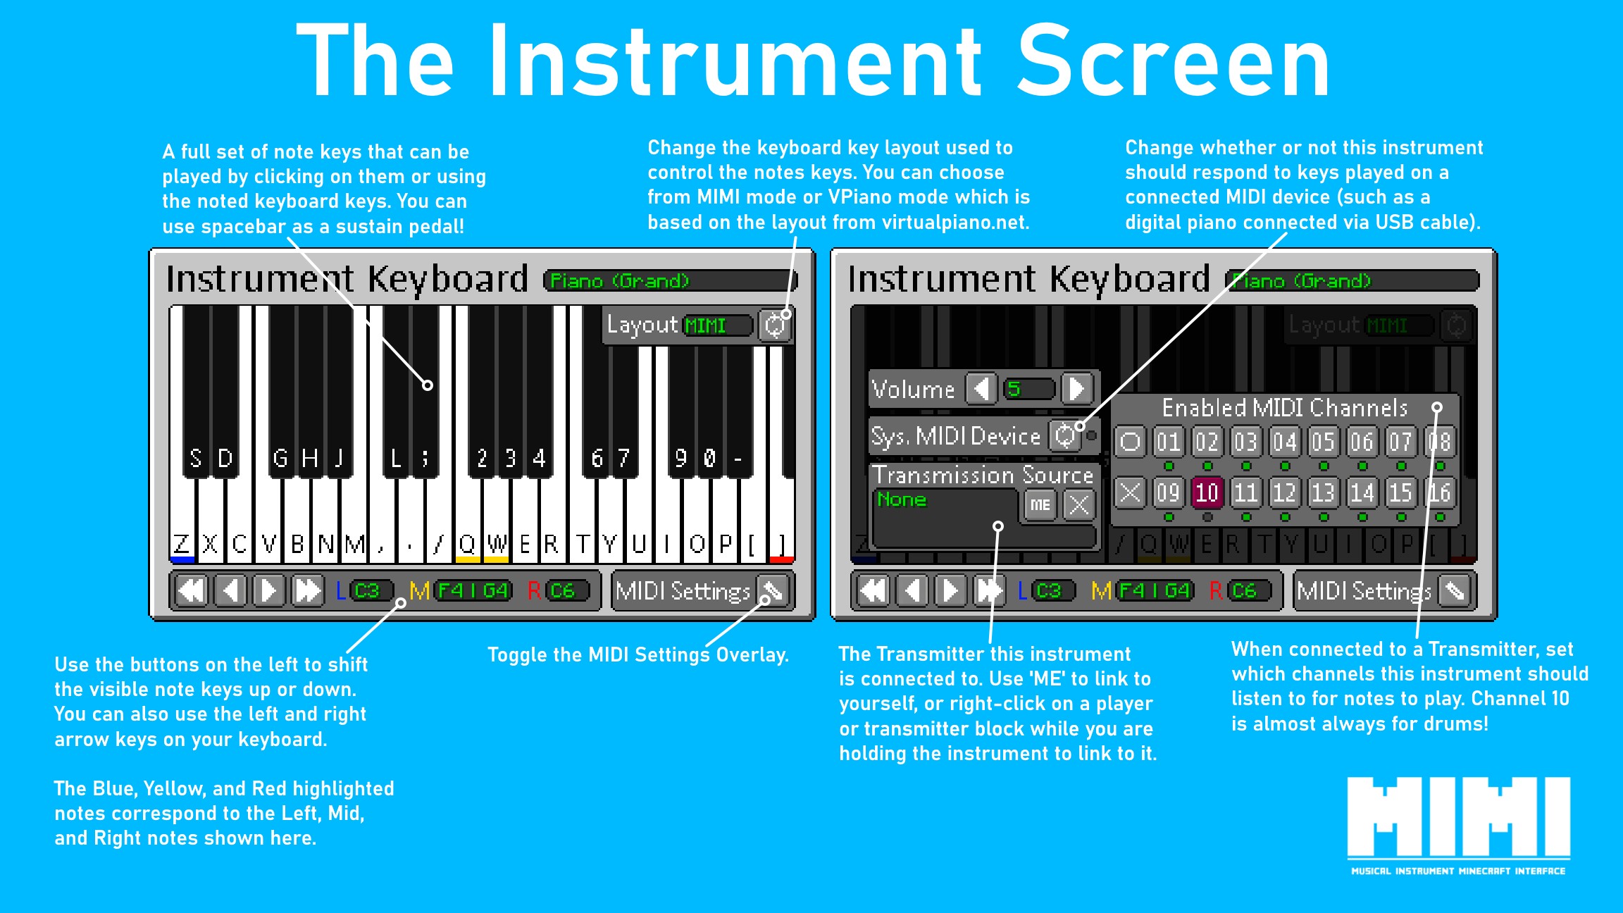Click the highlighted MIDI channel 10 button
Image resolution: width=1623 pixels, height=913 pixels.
[1207, 492]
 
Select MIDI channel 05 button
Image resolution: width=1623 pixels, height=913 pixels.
[1322, 442]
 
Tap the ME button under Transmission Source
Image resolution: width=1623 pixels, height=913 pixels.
[1040, 504]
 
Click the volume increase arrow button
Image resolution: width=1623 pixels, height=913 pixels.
[1077, 388]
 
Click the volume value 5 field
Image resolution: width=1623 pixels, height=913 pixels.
[1029, 388]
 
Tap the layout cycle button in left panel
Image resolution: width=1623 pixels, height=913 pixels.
[775, 325]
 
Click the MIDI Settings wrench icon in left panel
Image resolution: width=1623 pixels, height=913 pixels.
[773, 590]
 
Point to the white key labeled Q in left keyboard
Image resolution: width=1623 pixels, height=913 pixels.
[467, 521]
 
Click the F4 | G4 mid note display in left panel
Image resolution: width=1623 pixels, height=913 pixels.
[473, 590]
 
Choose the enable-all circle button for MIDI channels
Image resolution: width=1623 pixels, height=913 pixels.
[1130, 442]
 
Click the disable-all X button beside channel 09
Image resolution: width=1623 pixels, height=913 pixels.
[1130, 492]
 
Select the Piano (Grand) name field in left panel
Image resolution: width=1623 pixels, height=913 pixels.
[671, 280]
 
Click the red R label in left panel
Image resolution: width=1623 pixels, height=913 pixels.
[534, 590]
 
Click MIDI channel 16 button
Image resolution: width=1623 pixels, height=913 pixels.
[1438, 492]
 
